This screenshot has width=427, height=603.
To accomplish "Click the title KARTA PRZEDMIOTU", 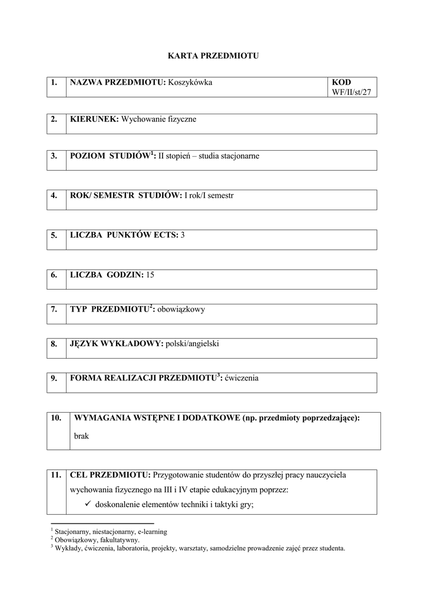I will (x=213, y=56).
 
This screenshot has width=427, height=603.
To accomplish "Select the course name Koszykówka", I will (x=190, y=82).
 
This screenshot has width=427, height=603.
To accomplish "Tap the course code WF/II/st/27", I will (x=352, y=92).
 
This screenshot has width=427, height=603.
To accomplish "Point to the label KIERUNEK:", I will (x=94, y=120).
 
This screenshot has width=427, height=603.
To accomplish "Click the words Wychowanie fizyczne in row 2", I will (x=158, y=120).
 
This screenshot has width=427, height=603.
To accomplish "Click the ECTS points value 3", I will (x=183, y=235).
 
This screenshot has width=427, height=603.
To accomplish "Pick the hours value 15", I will (x=150, y=274).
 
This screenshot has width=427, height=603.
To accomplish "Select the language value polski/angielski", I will (x=192, y=343).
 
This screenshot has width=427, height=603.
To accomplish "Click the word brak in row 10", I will (x=81, y=437).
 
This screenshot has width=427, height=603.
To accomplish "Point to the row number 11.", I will (x=56, y=474).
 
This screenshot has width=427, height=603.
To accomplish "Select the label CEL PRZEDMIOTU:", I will (x=110, y=474).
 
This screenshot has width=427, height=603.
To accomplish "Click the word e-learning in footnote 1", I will (x=152, y=532).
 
